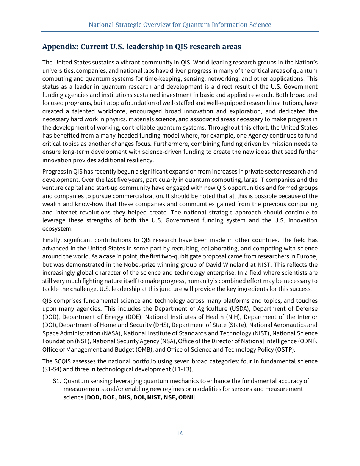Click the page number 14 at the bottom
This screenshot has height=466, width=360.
click(180, 433)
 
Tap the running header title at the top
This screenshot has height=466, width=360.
click(180, 25)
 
